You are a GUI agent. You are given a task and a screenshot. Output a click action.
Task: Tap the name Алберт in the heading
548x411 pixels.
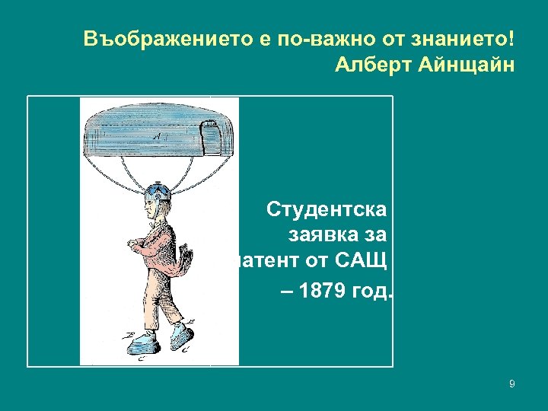374,64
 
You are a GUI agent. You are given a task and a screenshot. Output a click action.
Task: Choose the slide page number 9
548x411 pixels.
511,384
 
